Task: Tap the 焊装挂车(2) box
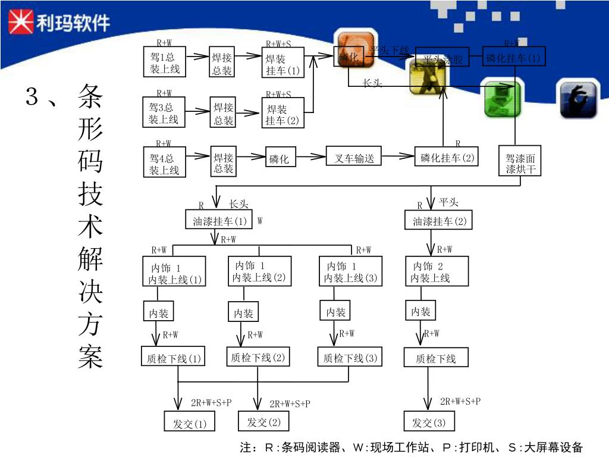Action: (x=283, y=115)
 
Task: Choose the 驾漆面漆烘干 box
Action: (x=520, y=164)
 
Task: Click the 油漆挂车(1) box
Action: (x=219, y=221)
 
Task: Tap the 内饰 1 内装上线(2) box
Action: (x=259, y=271)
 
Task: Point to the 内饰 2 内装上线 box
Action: (x=436, y=271)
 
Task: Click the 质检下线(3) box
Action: (x=349, y=358)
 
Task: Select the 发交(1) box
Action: (x=189, y=423)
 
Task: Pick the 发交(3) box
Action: (x=429, y=422)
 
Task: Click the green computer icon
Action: (x=503, y=98)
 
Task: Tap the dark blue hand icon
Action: (x=578, y=99)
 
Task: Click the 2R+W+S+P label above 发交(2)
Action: (x=290, y=403)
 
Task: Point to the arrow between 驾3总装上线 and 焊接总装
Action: (x=197, y=111)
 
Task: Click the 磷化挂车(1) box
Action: (x=513, y=58)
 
